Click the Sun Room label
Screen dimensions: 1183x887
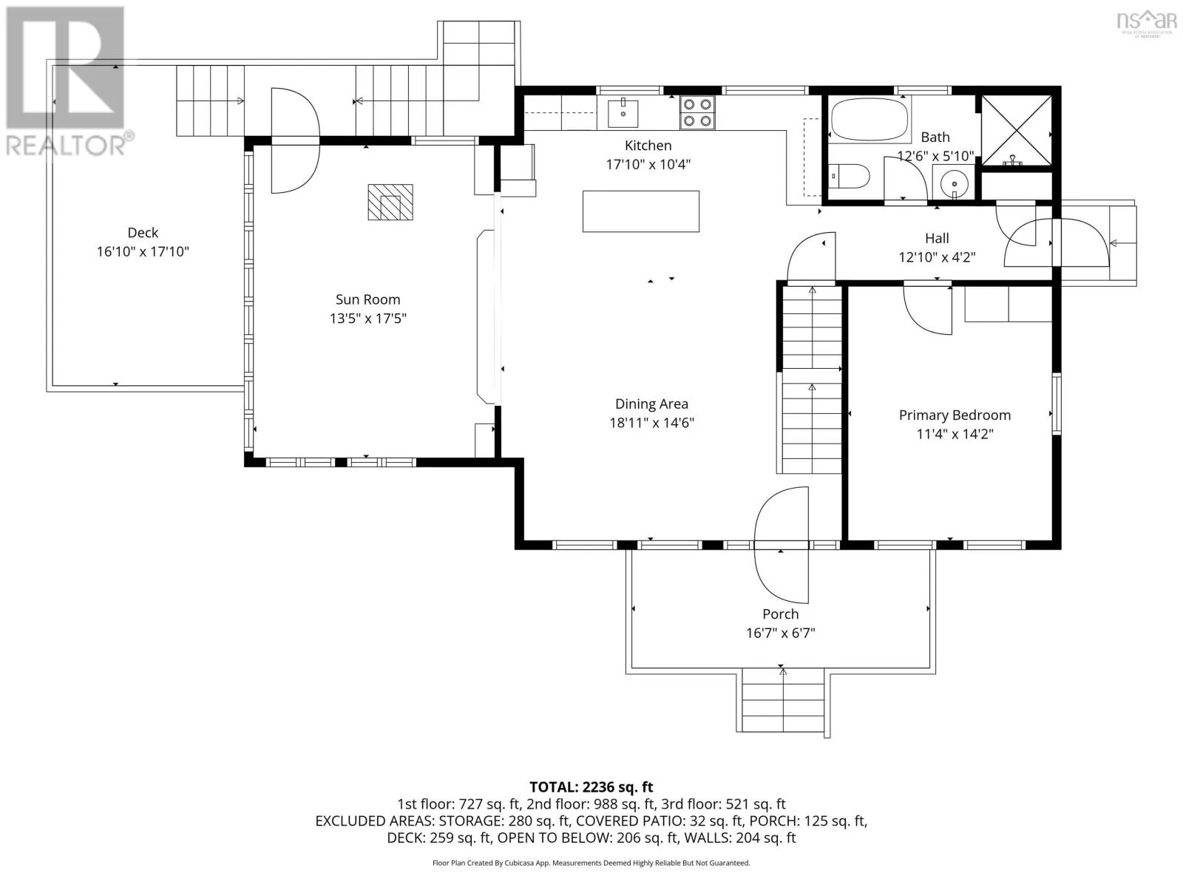click(x=367, y=299)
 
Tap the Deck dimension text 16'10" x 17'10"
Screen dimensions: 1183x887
click(x=143, y=251)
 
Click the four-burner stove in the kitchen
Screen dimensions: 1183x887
click(x=697, y=112)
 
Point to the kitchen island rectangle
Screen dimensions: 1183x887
click(x=641, y=211)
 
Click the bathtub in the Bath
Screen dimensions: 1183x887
click(x=870, y=119)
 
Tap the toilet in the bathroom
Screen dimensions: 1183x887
click(x=849, y=176)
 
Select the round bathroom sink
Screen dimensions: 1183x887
click(x=954, y=183)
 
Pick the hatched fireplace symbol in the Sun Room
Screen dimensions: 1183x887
click(x=390, y=202)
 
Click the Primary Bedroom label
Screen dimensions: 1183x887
click(x=955, y=415)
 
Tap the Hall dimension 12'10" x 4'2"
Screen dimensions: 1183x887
click(x=937, y=257)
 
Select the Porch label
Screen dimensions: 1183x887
click(x=780, y=614)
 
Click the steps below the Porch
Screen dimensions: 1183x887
click(x=783, y=700)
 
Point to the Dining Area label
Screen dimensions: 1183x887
click(x=651, y=404)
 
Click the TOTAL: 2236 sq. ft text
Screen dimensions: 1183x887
click(x=591, y=786)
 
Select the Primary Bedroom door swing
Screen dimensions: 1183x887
click(x=927, y=310)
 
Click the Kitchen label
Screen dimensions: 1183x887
click(x=648, y=146)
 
